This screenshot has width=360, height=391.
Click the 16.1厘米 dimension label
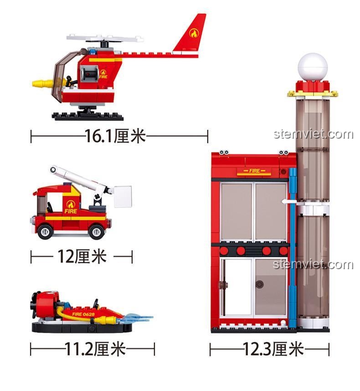tap(115, 136)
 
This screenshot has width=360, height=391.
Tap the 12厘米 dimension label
tap(82, 256)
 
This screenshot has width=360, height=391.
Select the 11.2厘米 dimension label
tap(95, 349)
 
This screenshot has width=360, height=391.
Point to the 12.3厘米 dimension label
tap(273, 349)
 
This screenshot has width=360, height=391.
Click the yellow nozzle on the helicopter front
tap(43, 83)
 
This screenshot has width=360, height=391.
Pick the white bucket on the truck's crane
tap(123, 197)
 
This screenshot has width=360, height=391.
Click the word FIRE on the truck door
tap(71, 211)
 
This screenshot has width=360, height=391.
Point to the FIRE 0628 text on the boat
tap(83, 314)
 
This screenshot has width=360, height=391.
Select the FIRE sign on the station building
tap(255, 171)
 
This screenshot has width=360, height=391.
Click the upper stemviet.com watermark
tap(314, 134)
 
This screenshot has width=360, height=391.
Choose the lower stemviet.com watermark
tap(313, 264)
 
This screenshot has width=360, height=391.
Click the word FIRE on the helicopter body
tap(103, 77)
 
